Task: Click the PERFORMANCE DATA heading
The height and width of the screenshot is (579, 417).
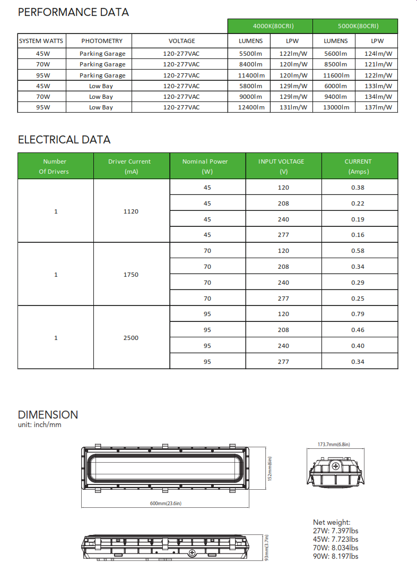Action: pyautogui.click(x=73, y=12)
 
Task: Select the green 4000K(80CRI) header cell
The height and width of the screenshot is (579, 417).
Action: pyautogui.click(x=270, y=26)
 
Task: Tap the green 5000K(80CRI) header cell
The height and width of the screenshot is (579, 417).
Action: pyautogui.click(x=355, y=26)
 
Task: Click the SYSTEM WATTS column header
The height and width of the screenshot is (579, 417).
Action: pyautogui.click(x=41, y=41)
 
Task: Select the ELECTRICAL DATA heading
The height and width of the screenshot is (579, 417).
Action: pyautogui.click(x=64, y=140)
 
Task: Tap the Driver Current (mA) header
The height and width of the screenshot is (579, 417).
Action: pyautogui.click(x=129, y=166)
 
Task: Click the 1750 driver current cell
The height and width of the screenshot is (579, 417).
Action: pyautogui.click(x=131, y=275)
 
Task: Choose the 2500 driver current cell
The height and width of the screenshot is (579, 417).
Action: pyautogui.click(x=131, y=338)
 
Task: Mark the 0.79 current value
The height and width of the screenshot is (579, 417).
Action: pyautogui.click(x=358, y=314)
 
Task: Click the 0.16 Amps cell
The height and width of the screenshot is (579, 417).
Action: pyautogui.click(x=358, y=235)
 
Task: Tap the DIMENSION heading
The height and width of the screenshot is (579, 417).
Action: pyautogui.click(x=48, y=415)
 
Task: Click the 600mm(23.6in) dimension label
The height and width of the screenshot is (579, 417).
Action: pyautogui.click(x=165, y=503)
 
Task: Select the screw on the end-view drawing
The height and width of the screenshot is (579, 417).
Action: pyautogui.click(x=335, y=466)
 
